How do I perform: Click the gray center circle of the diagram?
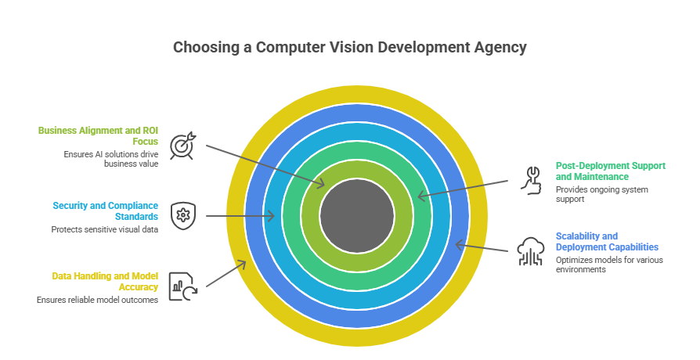click(x=356, y=215)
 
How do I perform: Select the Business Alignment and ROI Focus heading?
click(x=98, y=135)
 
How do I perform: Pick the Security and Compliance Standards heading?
click(x=106, y=210)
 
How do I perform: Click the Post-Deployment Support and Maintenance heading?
click(x=610, y=171)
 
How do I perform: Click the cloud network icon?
click(x=531, y=252)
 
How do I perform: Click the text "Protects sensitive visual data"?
click(x=105, y=230)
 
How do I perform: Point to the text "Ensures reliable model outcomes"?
click(x=98, y=300)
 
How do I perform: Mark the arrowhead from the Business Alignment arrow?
click(x=322, y=185)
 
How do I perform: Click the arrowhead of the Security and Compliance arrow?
click(x=271, y=216)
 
